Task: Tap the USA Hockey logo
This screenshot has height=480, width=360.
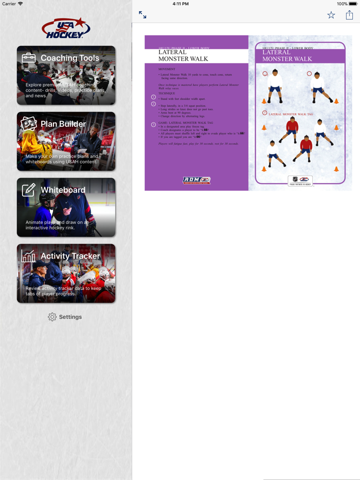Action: (66, 29)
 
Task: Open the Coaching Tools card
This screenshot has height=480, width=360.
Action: (66, 76)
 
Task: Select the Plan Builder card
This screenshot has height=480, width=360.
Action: (66, 141)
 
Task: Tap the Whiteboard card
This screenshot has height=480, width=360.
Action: (66, 208)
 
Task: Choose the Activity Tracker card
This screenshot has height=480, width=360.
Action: (66, 273)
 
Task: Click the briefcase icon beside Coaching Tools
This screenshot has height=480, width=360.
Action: (29, 58)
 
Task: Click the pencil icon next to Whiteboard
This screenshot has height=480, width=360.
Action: (29, 190)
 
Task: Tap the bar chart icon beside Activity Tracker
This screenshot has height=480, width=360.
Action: (29, 255)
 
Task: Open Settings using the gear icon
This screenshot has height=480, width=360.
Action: (52, 317)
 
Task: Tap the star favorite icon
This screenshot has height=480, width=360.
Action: (331, 15)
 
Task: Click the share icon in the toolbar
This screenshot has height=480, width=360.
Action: (349, 15)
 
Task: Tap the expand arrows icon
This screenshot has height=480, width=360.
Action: (142, 15)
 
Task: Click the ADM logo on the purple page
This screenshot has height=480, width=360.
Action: (196, 180)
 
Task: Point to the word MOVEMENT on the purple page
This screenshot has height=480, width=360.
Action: (167, 69)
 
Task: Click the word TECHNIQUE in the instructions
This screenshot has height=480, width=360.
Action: (167, 94)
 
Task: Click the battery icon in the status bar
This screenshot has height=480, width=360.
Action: (353, 4)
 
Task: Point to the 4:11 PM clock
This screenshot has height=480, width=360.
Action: (180, 4)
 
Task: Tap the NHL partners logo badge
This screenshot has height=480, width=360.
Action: (300, 180)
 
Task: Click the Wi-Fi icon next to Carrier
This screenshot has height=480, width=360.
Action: (21, 4)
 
